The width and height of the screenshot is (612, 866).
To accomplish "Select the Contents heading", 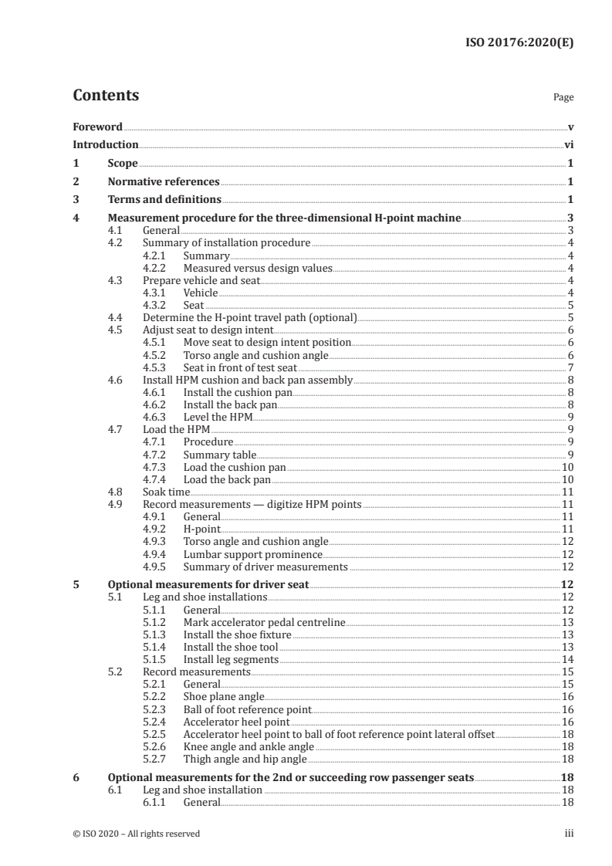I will pyautogui.click(x=106, y=96).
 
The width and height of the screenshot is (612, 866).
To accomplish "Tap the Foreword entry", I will pyautogui.click(x=97, y=126).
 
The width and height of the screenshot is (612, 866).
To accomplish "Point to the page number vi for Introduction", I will pyautogui.click(x=568, y=144).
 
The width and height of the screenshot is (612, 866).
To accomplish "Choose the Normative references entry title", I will pyautogui.click(x=164, y=182).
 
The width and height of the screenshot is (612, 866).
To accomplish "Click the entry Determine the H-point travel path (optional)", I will pyautogui.click(x=249, y=316).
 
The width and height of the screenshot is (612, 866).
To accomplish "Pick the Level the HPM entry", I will pyautogui.click(x=218, y=416).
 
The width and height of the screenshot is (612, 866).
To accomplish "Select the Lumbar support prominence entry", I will pyautogui.click(x=252, y=553).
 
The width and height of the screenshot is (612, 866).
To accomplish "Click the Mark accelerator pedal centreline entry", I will pyautogui.click(x=264, y=621).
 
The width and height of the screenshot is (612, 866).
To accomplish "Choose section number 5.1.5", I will pyautogui.click(x=157, y=659).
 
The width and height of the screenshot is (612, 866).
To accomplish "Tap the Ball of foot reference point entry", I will pyautogui.click(x=247, y=709).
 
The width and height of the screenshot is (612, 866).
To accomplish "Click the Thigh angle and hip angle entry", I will pyautogui.click(x=245, y=759).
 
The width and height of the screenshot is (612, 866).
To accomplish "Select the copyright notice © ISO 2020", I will pyautogui.click(x=136, y=834).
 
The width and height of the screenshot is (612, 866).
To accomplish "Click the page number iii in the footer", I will pyautogui.click(x=569, y=834).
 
